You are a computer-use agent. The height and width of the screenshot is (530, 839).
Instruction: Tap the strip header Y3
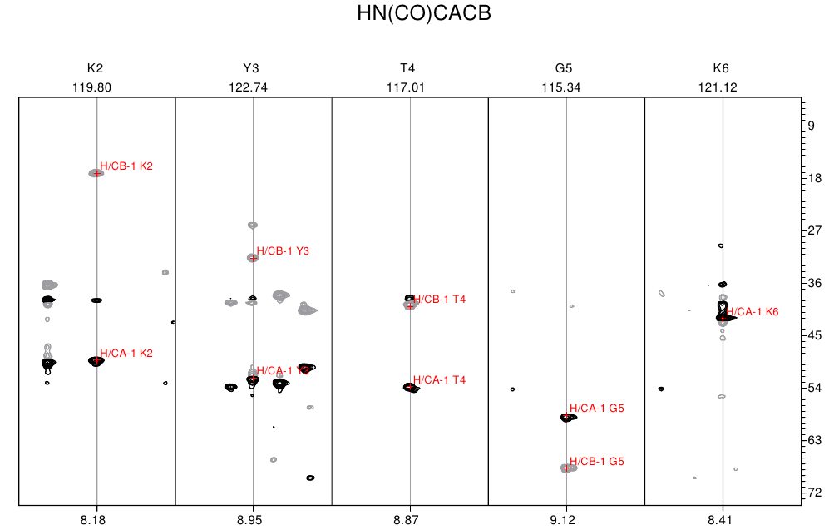point(253,68)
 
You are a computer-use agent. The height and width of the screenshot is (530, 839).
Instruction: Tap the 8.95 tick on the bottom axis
point(253,518)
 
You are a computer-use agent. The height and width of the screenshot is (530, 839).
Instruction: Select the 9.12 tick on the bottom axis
point(565,518)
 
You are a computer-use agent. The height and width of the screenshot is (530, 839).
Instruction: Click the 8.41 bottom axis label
point(722,518)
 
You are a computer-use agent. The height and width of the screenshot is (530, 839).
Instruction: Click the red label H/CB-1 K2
point(126,166)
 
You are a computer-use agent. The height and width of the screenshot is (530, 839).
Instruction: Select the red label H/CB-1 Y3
point(283,251)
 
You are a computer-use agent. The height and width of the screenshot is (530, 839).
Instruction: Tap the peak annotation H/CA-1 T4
point(439,380)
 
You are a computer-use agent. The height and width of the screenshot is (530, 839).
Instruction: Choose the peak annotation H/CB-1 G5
point(597,462)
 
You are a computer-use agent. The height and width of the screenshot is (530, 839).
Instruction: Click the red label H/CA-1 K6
point(752,312)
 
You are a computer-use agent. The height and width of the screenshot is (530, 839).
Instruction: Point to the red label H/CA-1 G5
point(597,409)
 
